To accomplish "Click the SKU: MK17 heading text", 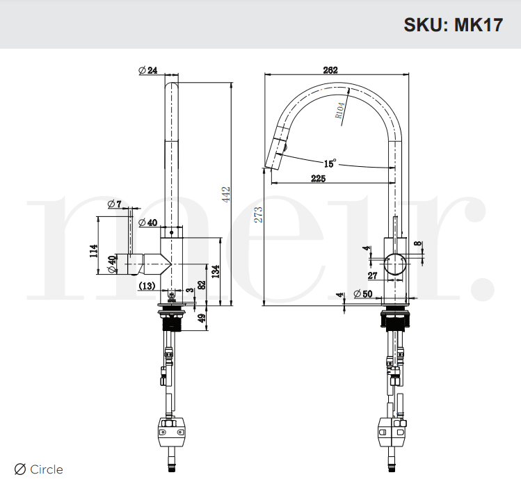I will pyautogui.click(x=452, y=24).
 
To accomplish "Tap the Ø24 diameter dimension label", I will pyautogui.click(x=147, y=70).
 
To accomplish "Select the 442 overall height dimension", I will pyautogui.click(x=225, y=193).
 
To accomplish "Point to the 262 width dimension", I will pyautogui.click(x=330, y=70).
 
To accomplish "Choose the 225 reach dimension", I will pyautogui.click(x=318, y=179).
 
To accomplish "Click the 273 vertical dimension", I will pyautogui.click(x=259, y=215).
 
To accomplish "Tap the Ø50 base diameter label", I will pyautogui.click(x=362, y=293).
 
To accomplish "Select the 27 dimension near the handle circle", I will pyautogui.click(x=371, y=275).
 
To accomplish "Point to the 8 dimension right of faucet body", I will pyautogui.click(x=417, y=244).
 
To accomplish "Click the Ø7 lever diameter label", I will pyautogui.click(x=115, y=204).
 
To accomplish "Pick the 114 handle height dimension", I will pyautogui.click(x=94, y=250).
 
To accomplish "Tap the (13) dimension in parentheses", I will pyautogui.click(x=147, y=285).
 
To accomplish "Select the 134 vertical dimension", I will pyautogui.click(x=216, y=270).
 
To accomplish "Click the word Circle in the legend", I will pyautogui.click(x=46, y=469).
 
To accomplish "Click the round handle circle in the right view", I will pyautogui.click(x=395, y=265).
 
